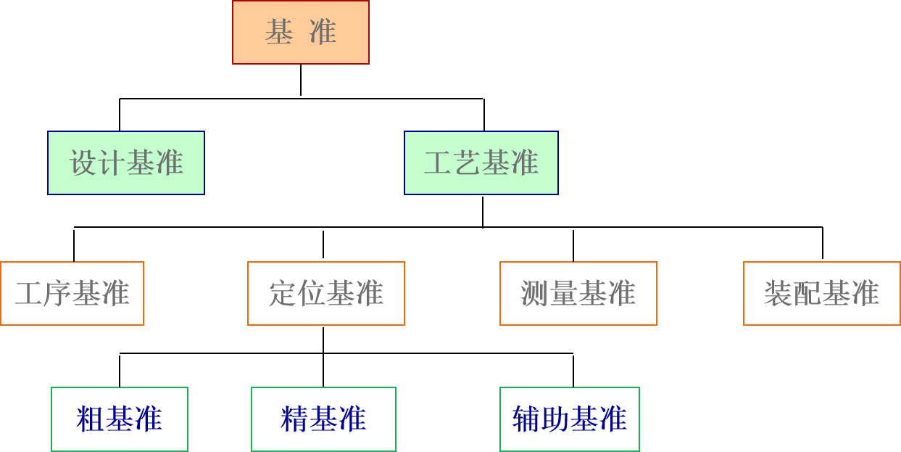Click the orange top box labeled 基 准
(x=300, y=32)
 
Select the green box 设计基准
(x=126, y=163)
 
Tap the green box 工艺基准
(x=481, y=163)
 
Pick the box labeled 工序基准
(x=72, y=293)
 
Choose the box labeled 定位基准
(x=326, y=293)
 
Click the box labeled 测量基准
(x=578, y=293)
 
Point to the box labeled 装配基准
(x=822, y=293)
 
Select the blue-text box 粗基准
(x=120, y=419)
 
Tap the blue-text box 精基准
(x=323, y=419)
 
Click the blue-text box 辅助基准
(x=570, y=419)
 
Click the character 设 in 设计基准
(x=83, y=163)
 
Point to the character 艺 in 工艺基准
(x=467, y=163)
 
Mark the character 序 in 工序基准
(x=57, y=294)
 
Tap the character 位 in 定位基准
(x=312, y=294)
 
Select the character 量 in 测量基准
(x=564, y=294)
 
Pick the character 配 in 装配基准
(x=807, y=294)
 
